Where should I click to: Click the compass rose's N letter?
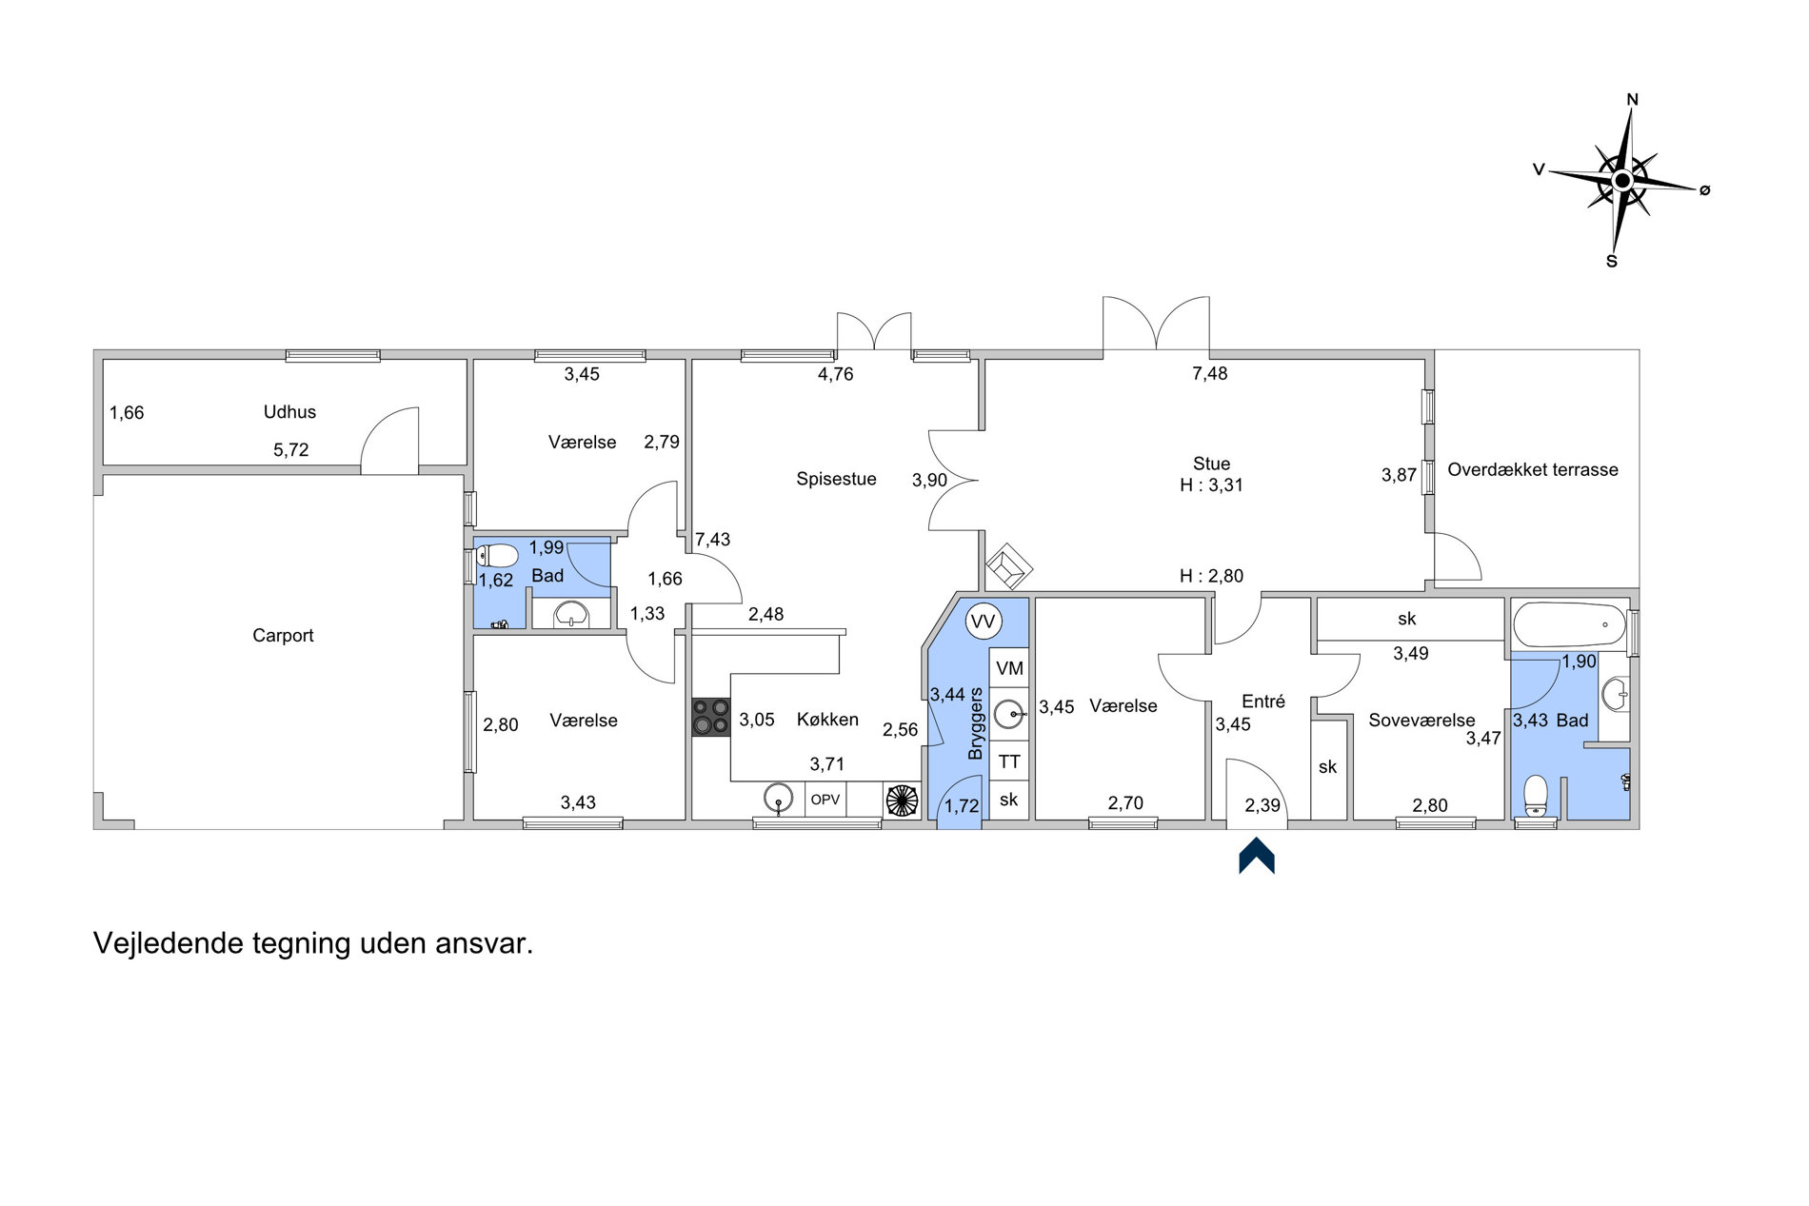[x=1632, y=100]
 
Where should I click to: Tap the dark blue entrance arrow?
[x=1257, y=855]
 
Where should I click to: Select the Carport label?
[x=283, y=636]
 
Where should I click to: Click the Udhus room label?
[x=289, y=412]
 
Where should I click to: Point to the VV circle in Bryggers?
[x=983, y=623]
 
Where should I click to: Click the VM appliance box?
[x=1009, y=668]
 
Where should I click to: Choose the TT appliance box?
[x=1009, y=761]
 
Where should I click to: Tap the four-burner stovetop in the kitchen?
[x=710, y=717]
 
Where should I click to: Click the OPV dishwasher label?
[x=825, y=800]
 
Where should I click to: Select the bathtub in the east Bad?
[x=1569, y=624]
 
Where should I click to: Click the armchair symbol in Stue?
[x=1009, y=567]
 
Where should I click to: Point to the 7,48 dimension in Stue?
[x=1210, y=374]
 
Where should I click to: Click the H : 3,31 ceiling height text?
[x=1211, y=485]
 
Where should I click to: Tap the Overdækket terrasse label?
[x=1533, y=469]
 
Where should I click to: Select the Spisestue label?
[x=836, y=479]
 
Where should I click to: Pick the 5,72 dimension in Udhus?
[x=291, y=450]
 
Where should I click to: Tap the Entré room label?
[x=1263, y=702]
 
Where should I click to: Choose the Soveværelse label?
[x=1421, y=721]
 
